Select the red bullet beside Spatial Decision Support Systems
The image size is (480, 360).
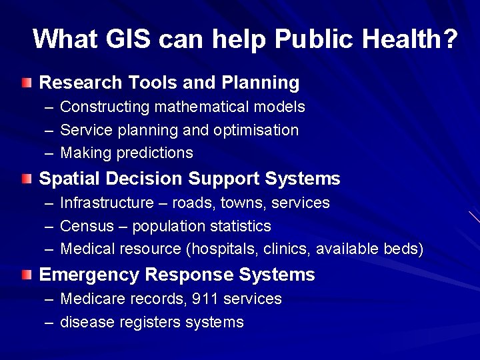(x=25, y=179)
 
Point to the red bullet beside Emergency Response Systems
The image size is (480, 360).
(x=25, y=275)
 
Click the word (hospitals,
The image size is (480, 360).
(x=221, y=249)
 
